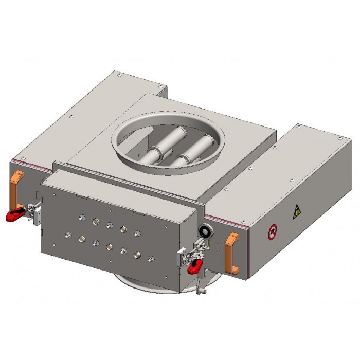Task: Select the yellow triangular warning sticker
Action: (x=297, y=211)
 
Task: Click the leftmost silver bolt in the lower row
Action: (x=68, y=236)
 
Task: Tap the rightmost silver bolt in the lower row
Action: (x=150, y=258)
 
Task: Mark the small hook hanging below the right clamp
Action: (x=200, y=292)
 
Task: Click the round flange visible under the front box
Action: (x=154, y=283)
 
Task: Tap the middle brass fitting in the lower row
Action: (x=109, y=247)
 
